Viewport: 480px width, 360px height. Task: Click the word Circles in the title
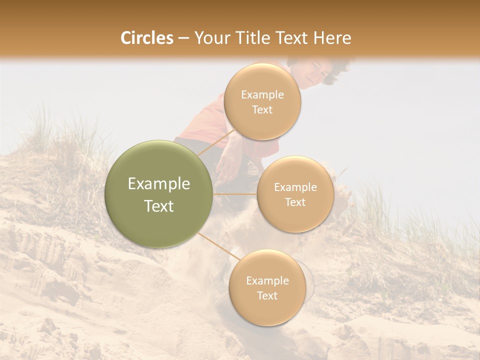pos(146,37)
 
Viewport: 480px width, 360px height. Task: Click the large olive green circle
pos(159,194)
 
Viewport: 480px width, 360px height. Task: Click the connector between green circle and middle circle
pos(235,194)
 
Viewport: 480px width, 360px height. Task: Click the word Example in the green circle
pos(159,183)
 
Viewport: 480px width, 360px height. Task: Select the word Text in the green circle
pos(159,206)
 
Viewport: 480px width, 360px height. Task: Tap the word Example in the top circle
pos(262,94)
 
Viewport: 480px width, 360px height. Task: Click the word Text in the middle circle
pos(295,202)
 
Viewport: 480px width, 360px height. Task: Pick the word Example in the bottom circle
pos(267,280)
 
